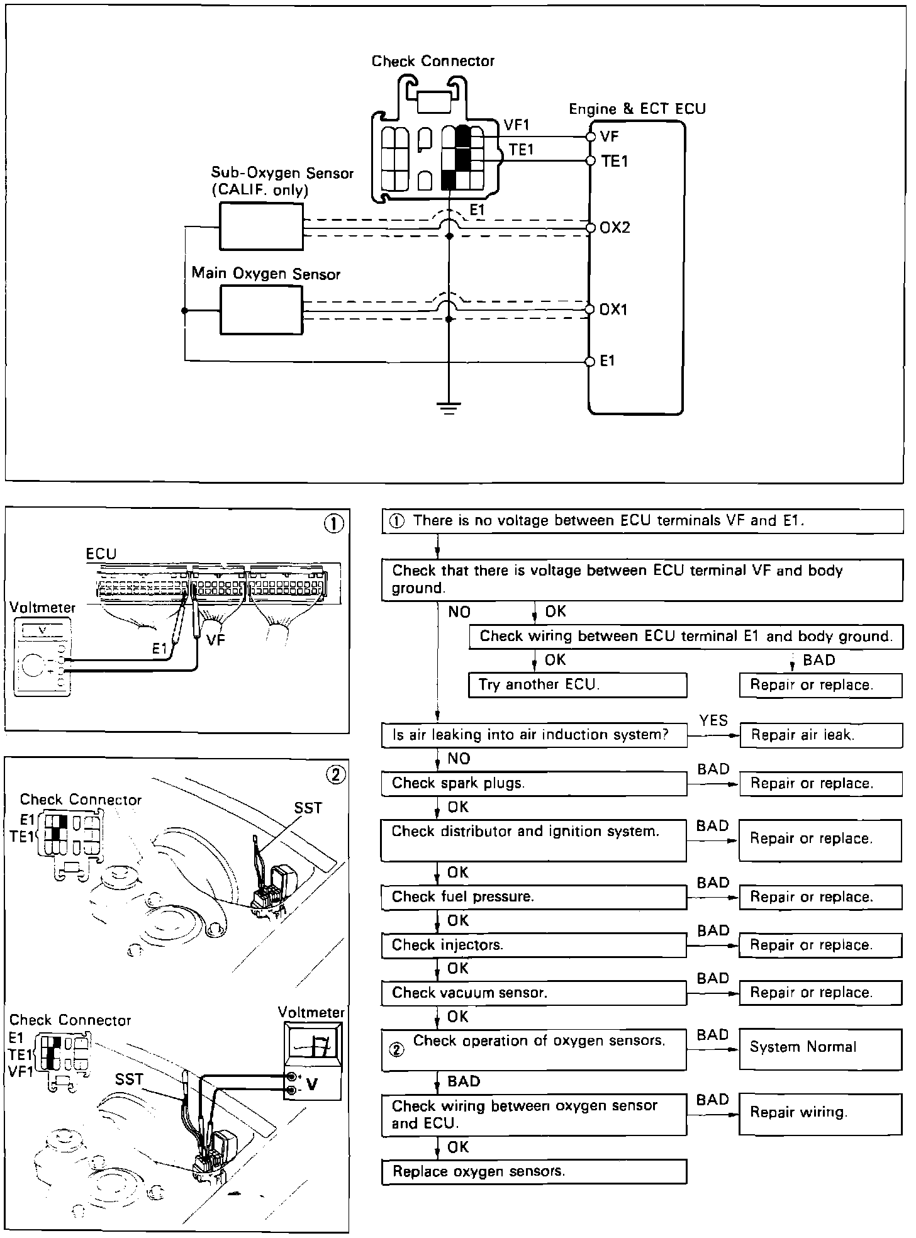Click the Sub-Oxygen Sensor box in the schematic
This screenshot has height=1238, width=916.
(x=261, y=226)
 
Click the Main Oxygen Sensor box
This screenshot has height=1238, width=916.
(x=261, y=310)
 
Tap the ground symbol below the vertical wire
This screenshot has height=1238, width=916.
(x=449, y=409)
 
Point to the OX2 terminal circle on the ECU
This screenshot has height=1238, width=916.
(x=590, y=228)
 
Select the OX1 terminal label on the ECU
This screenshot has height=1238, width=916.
(x=613, y=309)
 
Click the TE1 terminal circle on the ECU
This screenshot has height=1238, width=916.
(x=590, y=161)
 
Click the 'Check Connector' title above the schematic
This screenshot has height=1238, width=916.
(x=433, y=61)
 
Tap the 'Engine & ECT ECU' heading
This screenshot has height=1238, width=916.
(x=637, y=109)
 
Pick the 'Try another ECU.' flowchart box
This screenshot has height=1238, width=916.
(x=578, y=685)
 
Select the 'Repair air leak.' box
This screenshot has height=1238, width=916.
(x=821, y=735)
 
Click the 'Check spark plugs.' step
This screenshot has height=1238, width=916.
(x=534, y=784)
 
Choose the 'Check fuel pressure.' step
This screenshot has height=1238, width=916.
(x=534, y=897)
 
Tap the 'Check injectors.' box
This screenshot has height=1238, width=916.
(x=534, y=945)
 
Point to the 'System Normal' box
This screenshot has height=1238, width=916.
(x=821, y=1049)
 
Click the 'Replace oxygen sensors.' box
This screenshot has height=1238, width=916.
(x=534, y=1171)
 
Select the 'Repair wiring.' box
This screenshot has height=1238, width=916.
(x=821, y=1114)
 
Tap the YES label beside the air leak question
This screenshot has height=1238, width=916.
(x=713, y=720)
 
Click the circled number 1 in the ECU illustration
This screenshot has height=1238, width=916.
(x=334, y=523)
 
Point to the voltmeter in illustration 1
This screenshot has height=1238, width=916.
(x=42, y=655)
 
